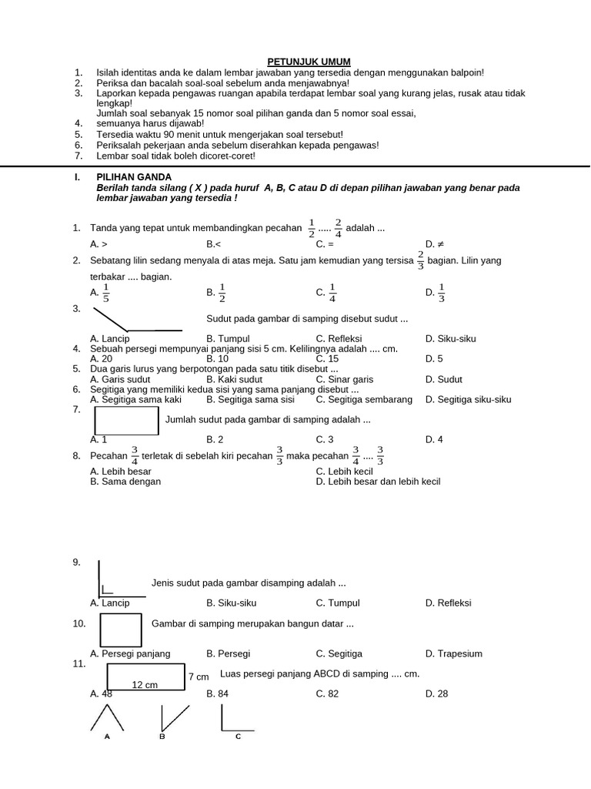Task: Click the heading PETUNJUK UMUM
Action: click(308, 62)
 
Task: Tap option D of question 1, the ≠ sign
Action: click(432, 243)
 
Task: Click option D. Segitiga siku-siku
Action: click(468, 399)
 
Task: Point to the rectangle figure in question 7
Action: click(127, 421)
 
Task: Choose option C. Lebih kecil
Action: click(344, 471)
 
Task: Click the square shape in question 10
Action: click(121, 630)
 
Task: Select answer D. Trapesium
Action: click(453, 653)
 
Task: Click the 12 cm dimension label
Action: click(145, 684)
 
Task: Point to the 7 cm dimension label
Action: click(199, 677)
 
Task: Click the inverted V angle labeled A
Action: click(107, 718)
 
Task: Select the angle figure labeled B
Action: click(172, 720)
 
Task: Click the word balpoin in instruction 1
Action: click(466, 72)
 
